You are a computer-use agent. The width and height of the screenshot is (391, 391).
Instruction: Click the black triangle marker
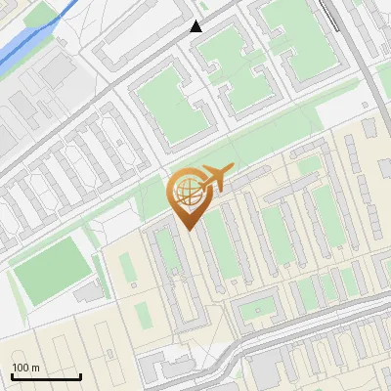(x=196, y=26)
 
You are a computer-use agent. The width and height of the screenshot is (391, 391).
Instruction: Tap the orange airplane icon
(x=216, y=179)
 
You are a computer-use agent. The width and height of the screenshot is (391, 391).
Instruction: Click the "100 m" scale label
(x=25, y=368)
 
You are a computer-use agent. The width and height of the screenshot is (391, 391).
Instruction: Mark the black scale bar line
(x=45, y=376)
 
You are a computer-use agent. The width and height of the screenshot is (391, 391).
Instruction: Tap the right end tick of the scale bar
(x=80, y=374)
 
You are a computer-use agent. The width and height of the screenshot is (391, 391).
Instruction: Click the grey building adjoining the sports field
(x=90, y=291)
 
